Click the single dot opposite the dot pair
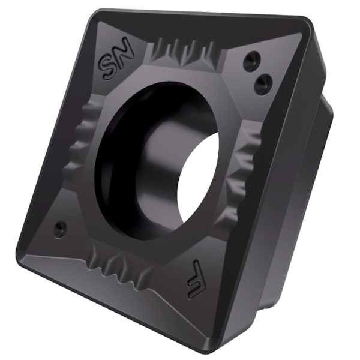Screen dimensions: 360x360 [x=59, y=227]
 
